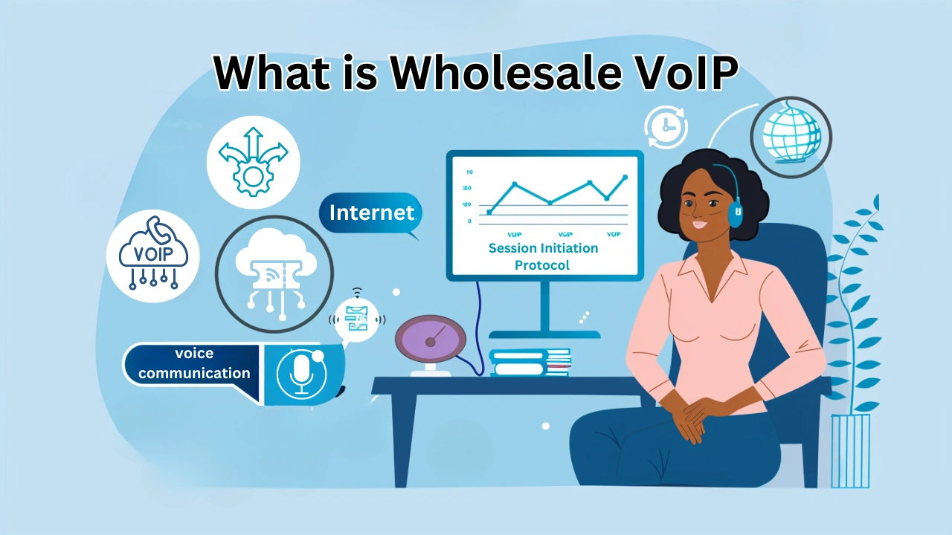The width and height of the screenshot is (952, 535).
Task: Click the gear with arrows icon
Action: (x=253, y=162)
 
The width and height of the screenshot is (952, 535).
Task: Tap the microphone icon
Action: (x=301, y=374)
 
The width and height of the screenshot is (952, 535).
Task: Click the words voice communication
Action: (x=194, y=364)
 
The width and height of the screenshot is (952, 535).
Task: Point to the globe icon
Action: (x=791, y=137)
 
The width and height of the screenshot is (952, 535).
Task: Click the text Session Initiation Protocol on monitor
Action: (x=543, y=256)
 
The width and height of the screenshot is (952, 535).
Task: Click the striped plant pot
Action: (x=850, y=450)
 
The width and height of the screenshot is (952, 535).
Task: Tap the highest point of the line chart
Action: (x=625, y=178)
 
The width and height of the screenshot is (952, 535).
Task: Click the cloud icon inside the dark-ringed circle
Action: (x=274, y=273)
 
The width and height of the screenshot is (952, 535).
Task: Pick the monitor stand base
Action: (x=545, y=334)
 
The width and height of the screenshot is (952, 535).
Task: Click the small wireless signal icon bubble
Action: (x=358, y=319)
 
